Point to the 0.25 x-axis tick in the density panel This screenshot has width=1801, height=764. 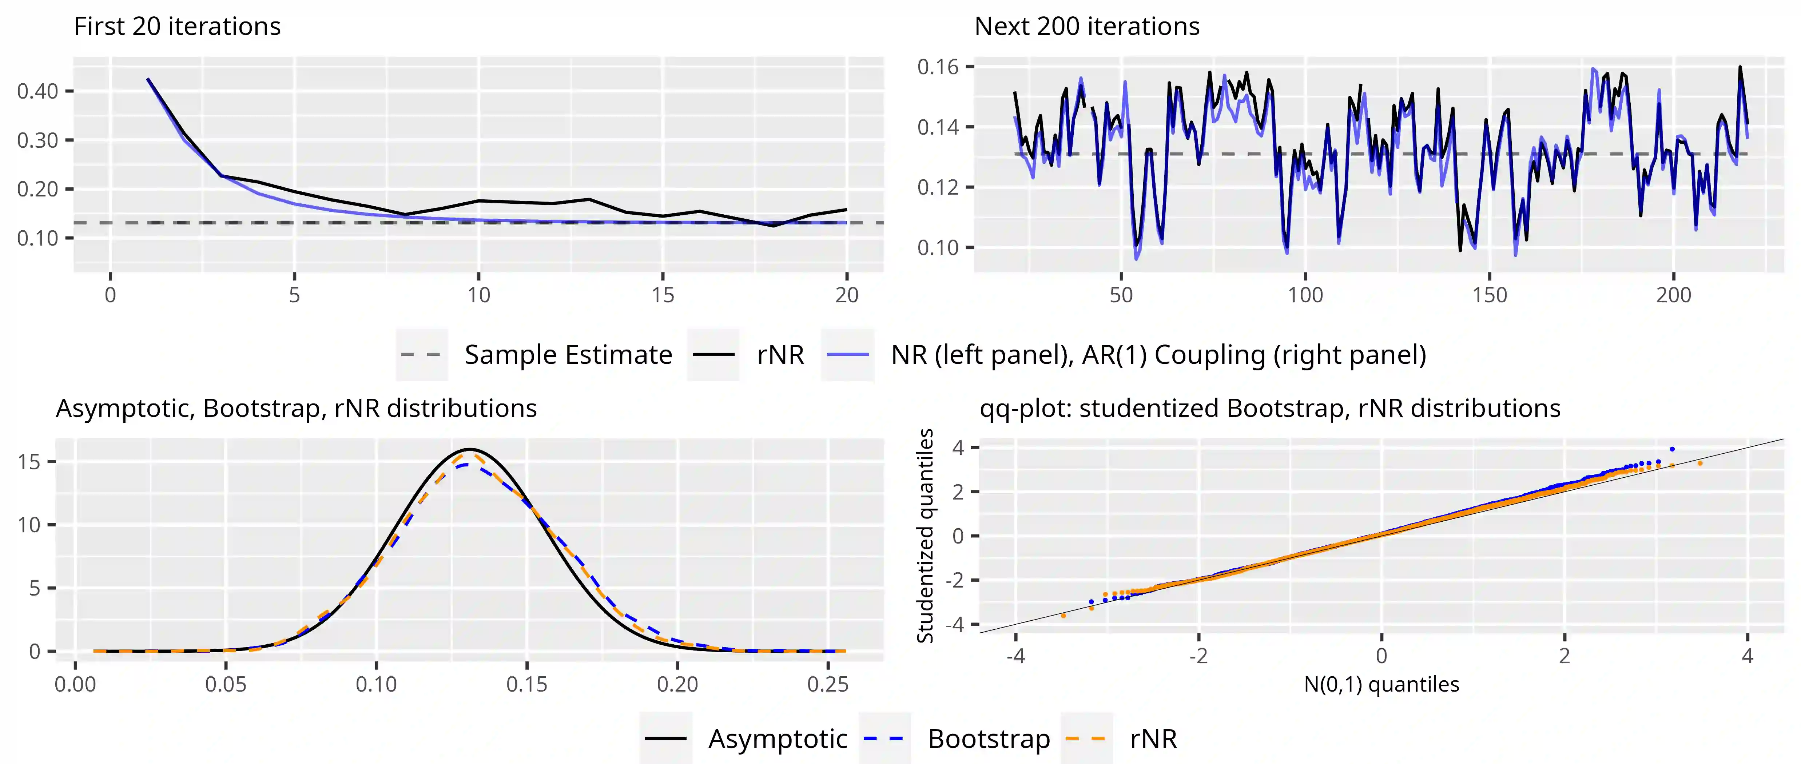(x=828, y=684)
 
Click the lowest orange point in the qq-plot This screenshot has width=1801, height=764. (x=1063, y=616)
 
